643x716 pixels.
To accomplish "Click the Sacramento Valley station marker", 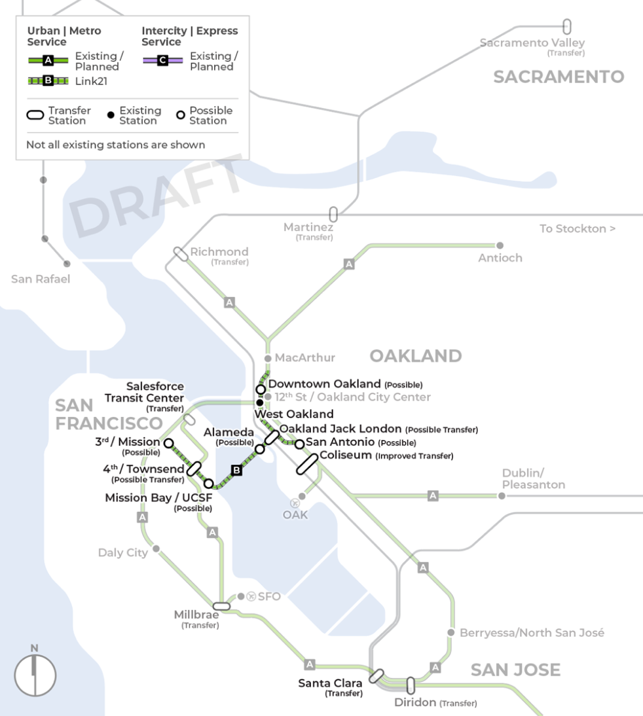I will click(x=567, y=27).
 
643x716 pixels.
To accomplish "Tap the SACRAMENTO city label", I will click(x=559, y=77).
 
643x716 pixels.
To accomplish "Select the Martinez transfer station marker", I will click(x=333, y=214).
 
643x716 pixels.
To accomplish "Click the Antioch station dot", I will click(x=500, y=245).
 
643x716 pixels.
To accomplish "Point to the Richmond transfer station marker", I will click(x=180, y=253).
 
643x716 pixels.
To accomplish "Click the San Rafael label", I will click(x=41, y=279).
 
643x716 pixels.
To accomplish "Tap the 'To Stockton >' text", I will click(x=577, y=228).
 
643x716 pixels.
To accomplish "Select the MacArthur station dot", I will click(x=267, y=359).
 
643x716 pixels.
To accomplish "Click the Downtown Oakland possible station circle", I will click(x=261, y=389).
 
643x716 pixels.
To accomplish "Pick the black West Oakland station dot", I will click(x=260, y=403).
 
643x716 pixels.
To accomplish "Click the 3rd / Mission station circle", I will click(x=168, y=443).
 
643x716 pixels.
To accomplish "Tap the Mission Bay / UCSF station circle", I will click(x=209, y=484).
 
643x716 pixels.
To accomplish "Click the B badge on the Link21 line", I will click(x=237, y=470).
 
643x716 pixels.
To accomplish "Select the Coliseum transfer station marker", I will click(x=307, y=463).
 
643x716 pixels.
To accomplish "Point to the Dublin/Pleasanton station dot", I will click(x=502, y=495).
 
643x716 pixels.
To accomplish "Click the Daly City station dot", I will click(x=156, y=549).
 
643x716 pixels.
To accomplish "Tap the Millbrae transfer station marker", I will click(x=221, y=606).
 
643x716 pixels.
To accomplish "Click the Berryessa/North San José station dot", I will click(x=450, y=632).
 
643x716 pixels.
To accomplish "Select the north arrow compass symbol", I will click(x=35, y=674).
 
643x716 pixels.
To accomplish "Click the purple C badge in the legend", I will click(x=162, y=61).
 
